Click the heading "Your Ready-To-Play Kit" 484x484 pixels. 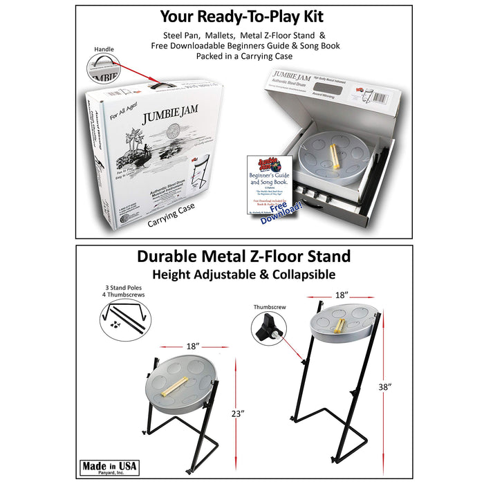click(241, 17)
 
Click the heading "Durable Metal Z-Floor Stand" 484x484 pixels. click(243, 257)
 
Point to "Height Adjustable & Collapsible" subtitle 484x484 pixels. click(243, 274)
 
